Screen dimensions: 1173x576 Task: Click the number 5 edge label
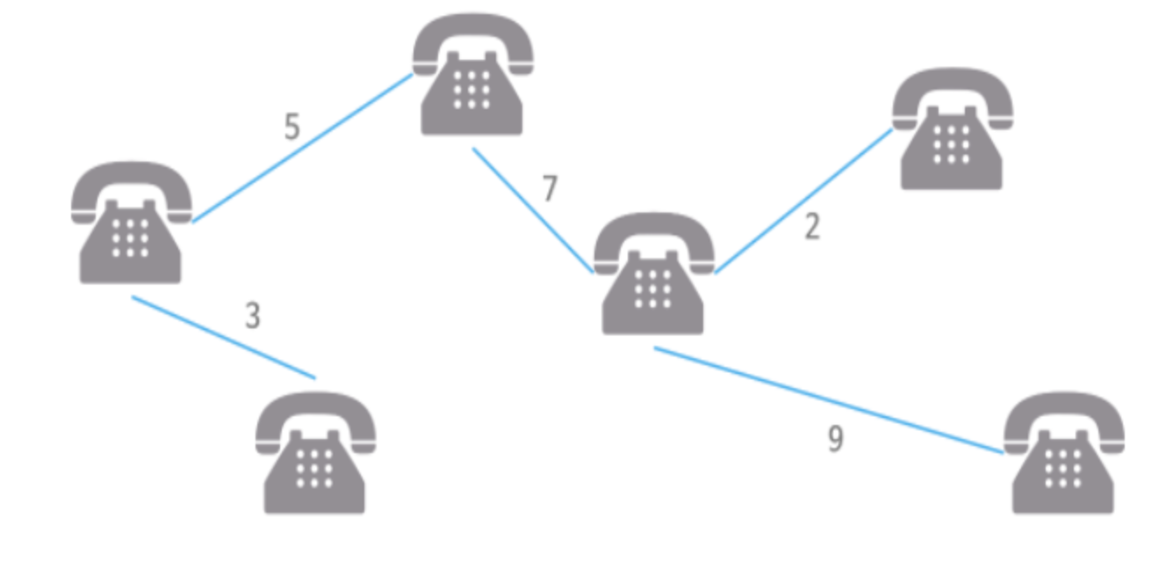[x=292, y=128]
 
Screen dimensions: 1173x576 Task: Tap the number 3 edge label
[x=253, y=316]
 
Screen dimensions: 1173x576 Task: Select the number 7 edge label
[x=550, y=190]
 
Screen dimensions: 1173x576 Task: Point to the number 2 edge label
[x=812, y=227]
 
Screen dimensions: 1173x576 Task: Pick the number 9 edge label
[x=836, y=439]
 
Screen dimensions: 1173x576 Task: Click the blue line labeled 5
[x=303, y=148]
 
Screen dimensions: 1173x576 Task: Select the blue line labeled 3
[x=224, y=337]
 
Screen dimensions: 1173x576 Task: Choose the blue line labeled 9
[x=829, y=400]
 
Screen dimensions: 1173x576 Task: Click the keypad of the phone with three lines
[x=652, y=289]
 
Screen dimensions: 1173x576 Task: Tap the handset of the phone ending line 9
[x=1063, y=413]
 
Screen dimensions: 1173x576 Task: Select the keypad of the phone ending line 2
[x=952, y=144]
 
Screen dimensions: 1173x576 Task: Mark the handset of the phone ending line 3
[x=315, y=413]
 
